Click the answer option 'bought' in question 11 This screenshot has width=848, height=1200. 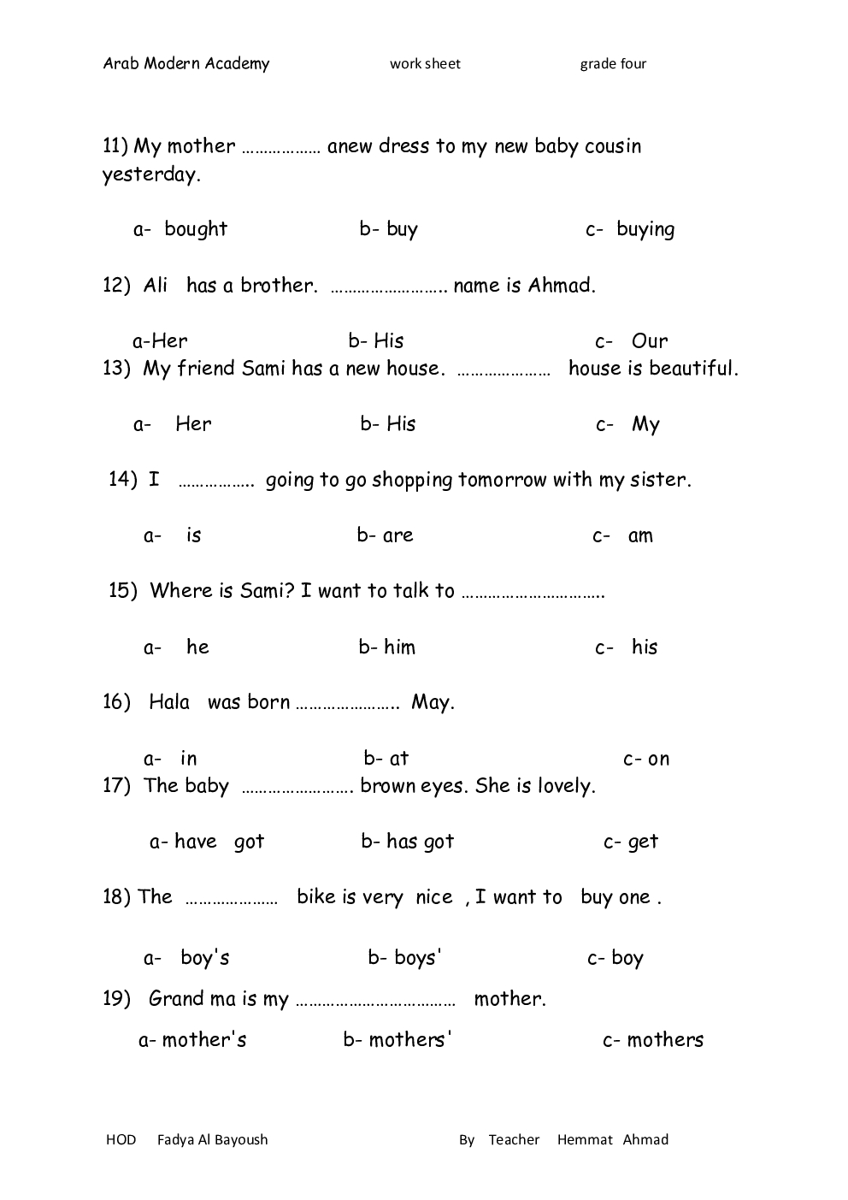(196, 229)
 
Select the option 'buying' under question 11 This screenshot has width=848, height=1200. (645, 229)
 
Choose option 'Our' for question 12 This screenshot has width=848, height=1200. (650, 340)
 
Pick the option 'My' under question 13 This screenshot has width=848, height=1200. (645, 424)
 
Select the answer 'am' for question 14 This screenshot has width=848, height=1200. (640, 536)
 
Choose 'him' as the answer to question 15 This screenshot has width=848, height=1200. (399, 647)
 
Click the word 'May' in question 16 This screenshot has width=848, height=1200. (432, 702)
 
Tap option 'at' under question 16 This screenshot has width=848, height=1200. (398, 759)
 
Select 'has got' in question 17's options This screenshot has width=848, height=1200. (420, 842)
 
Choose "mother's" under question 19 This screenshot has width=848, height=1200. (204, 1039)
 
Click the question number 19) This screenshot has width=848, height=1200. (116, 998)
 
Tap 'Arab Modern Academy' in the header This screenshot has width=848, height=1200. (186, 63)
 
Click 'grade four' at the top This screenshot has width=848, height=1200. (613, 64)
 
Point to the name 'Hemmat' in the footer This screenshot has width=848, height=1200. (585, 1139)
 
